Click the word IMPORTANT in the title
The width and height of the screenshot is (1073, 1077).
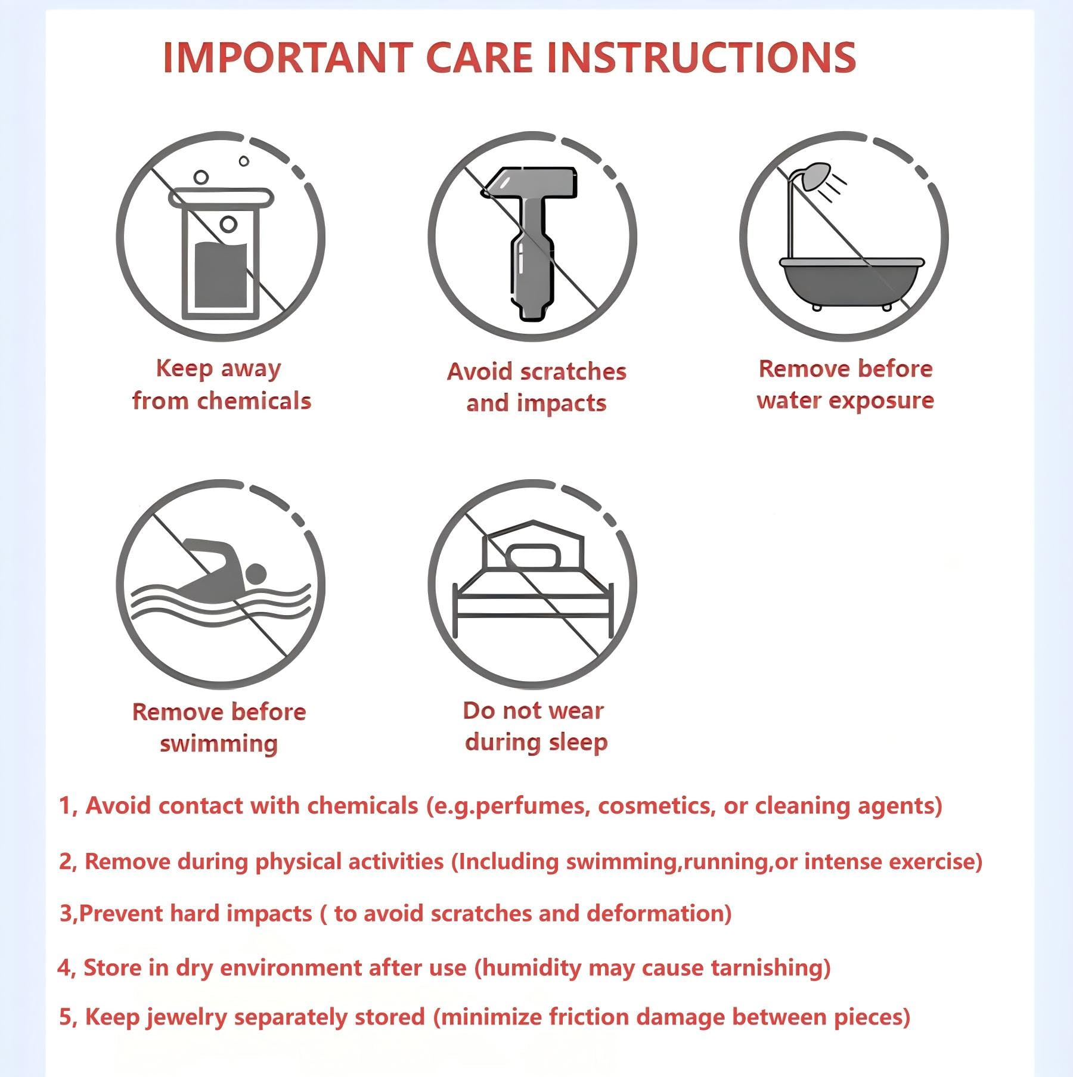(287, 58)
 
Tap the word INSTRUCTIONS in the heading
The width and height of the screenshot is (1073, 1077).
(701, 58)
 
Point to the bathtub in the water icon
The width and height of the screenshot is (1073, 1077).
(852, 284)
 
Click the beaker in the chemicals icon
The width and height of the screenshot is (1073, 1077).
(221, 253)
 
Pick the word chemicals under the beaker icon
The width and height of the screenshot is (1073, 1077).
(255, 401)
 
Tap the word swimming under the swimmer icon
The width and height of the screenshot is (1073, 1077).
(219, 744)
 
